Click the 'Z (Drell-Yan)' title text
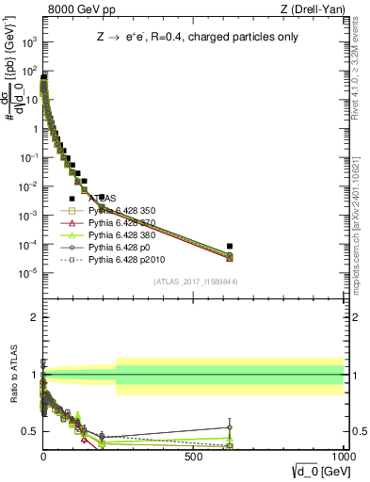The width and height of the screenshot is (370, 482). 314,10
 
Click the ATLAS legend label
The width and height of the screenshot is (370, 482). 103,199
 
